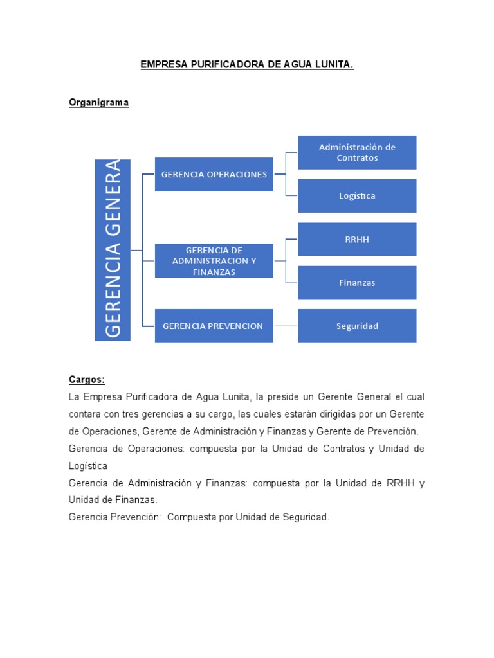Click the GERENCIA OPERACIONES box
pyautogui.click(x=214, y=174)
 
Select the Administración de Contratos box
pyautogui.click(x=357, y=152)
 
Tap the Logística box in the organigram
pyautogui.click(x=357, y=195)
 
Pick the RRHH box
pyautogui.click(x=357, y=240)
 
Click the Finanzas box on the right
pyautogui.click(x=357, y=283)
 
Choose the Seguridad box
pyautogui.click(x=357, y=326)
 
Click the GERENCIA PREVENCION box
pyautogui.click(x=214, y=326)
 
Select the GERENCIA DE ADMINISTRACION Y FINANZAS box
pyautogui.click(x=214, y=261)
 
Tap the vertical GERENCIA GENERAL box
pyautogui.click(x=113, y=250)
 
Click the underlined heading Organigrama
pyautogui.click(x=99, y=103)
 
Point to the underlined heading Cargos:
pyautogui.click(x=87, y=380)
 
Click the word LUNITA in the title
pyautogui.click(x=333, y=65)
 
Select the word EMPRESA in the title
pyautogui.click(x=160, y=65)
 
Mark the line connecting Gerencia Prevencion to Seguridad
pyautogui.click(x=286, y=326)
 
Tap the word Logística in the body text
pyautogui.click(x=88, y=465)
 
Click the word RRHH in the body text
pyautogui.click(x=397, y=483)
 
